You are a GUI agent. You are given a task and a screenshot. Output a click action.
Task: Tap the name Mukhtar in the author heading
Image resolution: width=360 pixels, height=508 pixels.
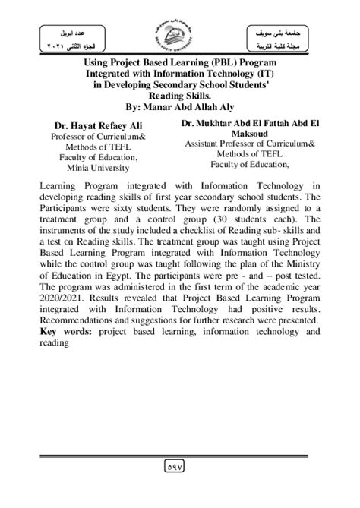point(219,120)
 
